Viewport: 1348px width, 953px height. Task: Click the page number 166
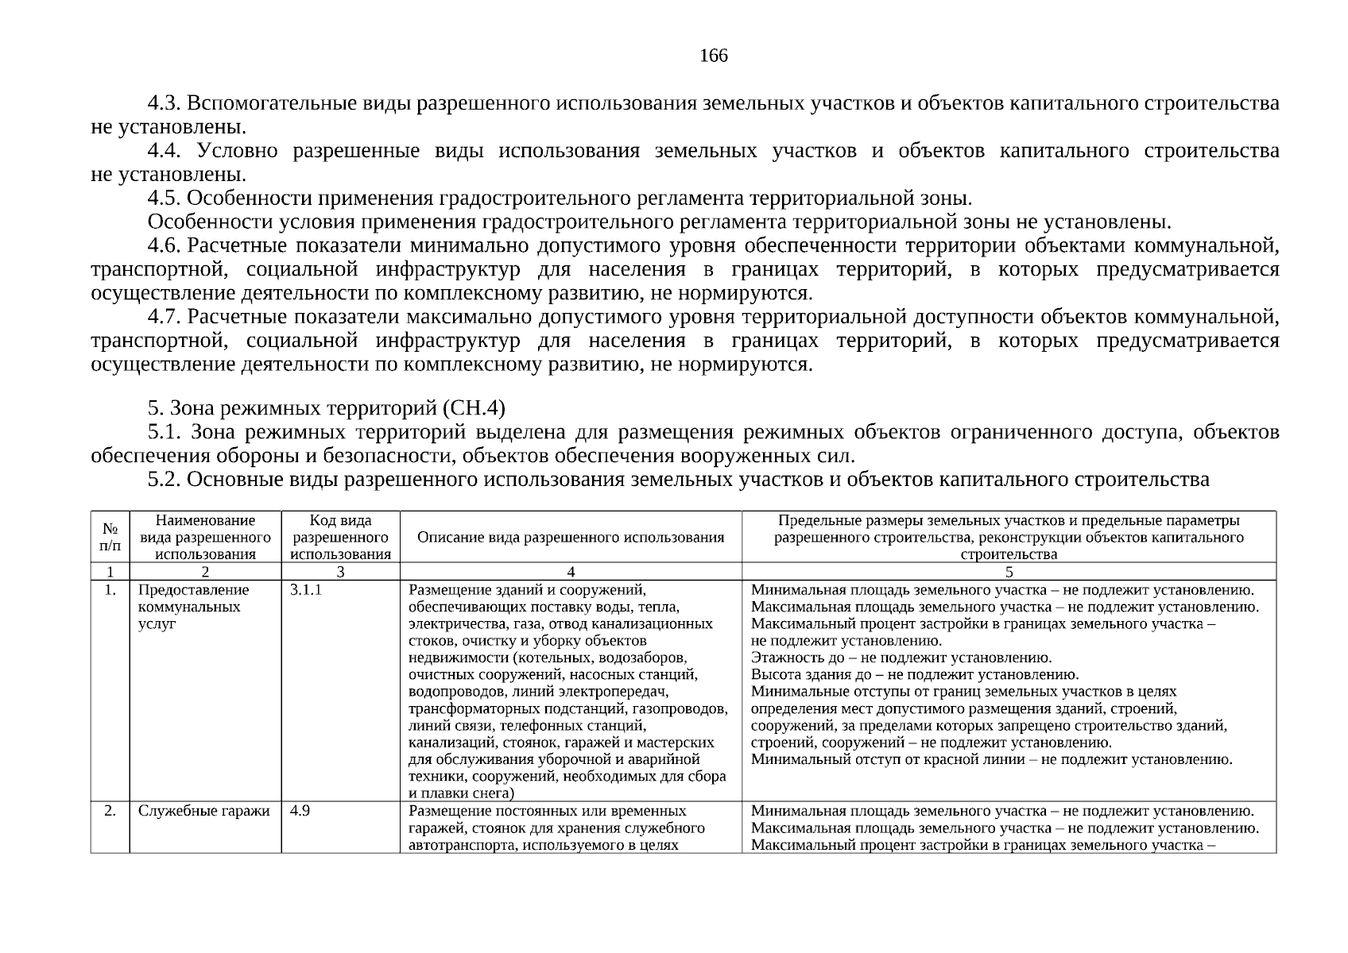coord(713,56)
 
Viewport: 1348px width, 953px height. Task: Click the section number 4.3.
coord(165,104)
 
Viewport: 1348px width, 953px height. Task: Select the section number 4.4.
coord(165,151)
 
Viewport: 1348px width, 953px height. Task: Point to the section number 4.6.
coord(165,246)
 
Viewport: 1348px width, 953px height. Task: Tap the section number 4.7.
coord(165,318)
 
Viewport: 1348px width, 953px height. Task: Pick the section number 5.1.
coord(165,433)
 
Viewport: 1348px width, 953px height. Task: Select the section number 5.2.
coord(165,480)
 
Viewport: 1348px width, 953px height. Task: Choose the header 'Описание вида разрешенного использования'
coord(571,538)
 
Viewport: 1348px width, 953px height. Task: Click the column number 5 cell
coord(1009,572)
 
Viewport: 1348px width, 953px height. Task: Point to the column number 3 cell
coord(340,572)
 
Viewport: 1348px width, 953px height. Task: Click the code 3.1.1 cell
coord(306,591)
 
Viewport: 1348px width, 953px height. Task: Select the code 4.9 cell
coord(300,812)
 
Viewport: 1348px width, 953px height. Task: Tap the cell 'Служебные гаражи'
coord(203,812)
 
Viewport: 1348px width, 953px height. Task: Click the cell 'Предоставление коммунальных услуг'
coord(193,607)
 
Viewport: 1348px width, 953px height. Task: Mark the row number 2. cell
coord(110,812)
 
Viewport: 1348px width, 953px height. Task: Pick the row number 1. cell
coord(110,591)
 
